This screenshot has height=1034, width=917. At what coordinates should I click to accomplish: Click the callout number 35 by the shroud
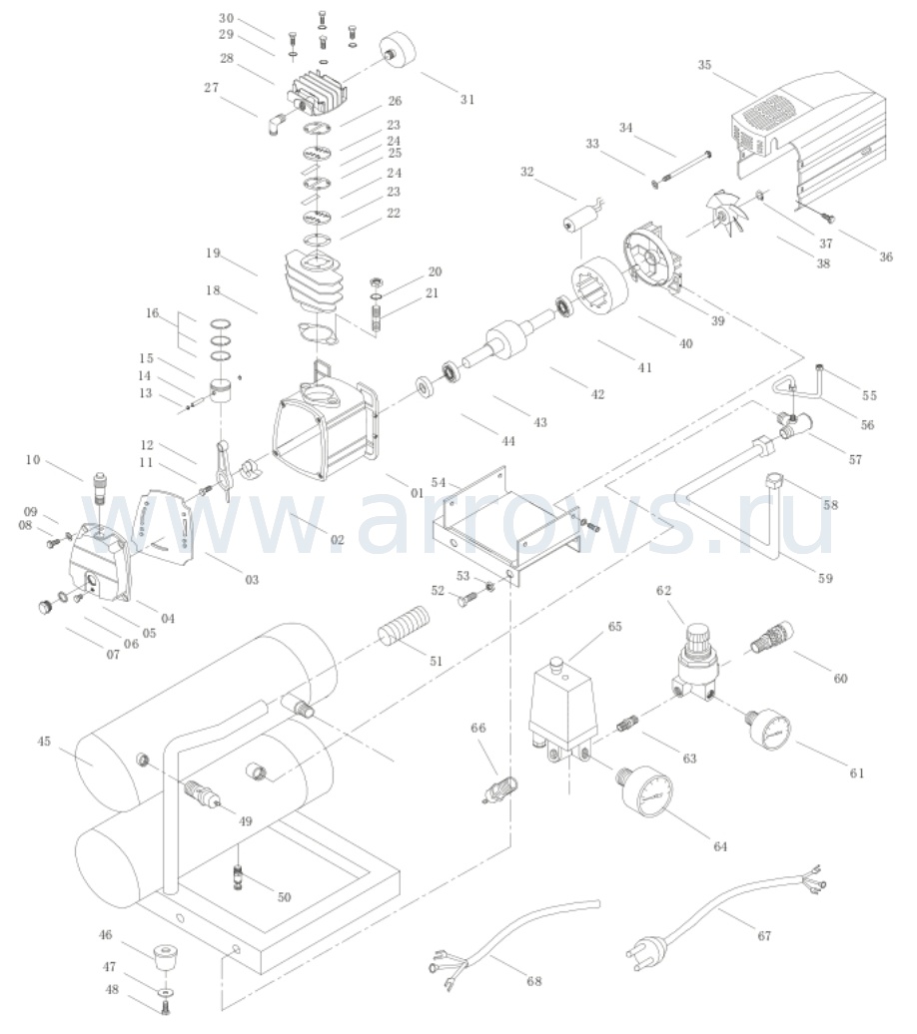pyautogui.click(x=704, y=65)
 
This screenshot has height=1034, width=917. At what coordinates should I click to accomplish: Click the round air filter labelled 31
pyautogui.click(x=399, y=52)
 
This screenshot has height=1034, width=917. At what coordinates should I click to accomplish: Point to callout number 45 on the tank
pyautogui.click(x=44, y=742)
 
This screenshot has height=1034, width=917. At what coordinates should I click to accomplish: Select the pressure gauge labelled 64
pyautogui.click(x=647, y=794)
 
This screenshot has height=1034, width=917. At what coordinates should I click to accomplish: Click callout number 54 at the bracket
pyautogui.click(x=439, y=482)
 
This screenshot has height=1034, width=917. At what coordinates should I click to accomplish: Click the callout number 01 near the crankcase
pyautogui.click(x=418, y=493)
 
